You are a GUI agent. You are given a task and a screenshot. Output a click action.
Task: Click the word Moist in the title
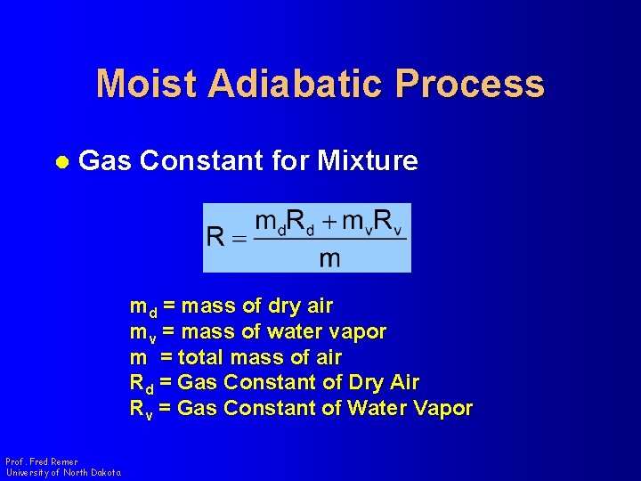[147, 84]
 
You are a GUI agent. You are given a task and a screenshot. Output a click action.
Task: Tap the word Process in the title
[470, 84]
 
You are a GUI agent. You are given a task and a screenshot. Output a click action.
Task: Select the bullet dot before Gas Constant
[61, 162]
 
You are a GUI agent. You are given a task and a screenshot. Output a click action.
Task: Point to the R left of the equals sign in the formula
[215, 238]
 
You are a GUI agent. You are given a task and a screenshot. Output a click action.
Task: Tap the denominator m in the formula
[329, 258]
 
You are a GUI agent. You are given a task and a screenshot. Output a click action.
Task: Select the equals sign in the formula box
[237, 238]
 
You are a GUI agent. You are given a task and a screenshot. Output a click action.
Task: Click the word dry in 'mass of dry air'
[284, 306]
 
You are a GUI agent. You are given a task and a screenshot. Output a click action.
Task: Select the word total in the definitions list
[201, 358]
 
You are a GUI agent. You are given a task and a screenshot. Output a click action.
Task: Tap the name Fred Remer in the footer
[54, 462]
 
